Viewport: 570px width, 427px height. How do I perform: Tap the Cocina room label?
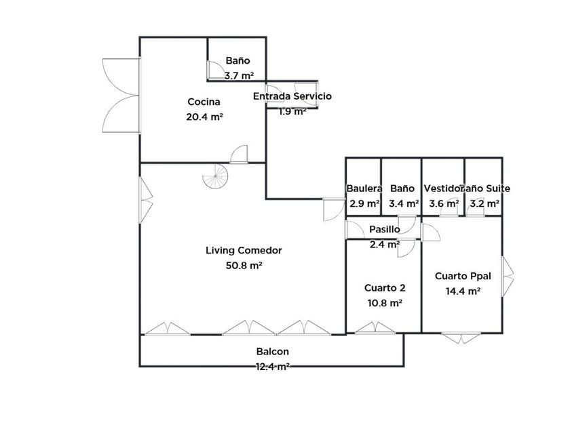pyautogui.click(x=204, y=102)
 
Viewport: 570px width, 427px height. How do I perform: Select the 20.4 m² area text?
pyautogui.click(x=205, y=116)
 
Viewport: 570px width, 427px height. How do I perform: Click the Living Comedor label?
pyautogui.click(x=244, y=250)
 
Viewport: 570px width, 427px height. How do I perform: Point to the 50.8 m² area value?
pyautogui.click(x=244, y=266)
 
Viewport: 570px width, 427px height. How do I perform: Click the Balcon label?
pyautogui.click(x=273, y=352)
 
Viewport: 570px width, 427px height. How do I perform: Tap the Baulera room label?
pyautogui.click(x=364, y=188)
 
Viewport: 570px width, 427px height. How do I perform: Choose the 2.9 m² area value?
pyautogui.click(x=364, y=203)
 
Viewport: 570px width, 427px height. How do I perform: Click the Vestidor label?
pyautogui.click(x=442, y=188)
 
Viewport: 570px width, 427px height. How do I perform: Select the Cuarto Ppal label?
pyautogui.click(x=463, y=276)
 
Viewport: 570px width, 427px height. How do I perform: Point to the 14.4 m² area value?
pyautogui.click(x=463, y=291)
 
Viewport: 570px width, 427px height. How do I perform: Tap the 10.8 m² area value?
pyautogui.click(x=385, y=303)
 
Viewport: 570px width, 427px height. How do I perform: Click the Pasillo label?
pyautogui.click(x=384, y=229)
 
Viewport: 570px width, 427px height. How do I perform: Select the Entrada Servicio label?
pyautogui.click(x=292, y=96)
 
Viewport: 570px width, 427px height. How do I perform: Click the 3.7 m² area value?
pyautogui.click(x=239, y=76)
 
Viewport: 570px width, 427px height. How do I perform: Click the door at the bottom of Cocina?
pyautogui.click(x=238, y=156)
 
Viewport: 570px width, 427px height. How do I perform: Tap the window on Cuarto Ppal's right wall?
pyautogui.click(x=507, y=276)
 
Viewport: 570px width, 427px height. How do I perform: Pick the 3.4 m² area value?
pyautogui.click(x=403, y=203)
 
